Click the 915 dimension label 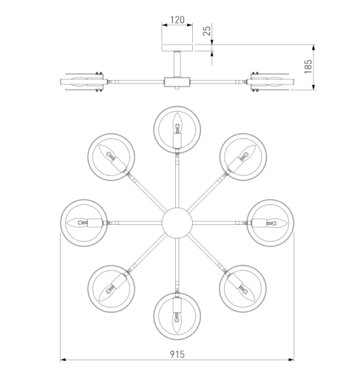(x=177, y=354)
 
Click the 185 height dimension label (x=308, y=67)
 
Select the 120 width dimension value (x=177, y=20)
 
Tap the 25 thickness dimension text (x=207, y=31)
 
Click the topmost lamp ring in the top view (x=177, y=107)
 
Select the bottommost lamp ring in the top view (x=177, y=339)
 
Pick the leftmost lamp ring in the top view (x=61, y=223)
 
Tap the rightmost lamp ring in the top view (x=293, y=223)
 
